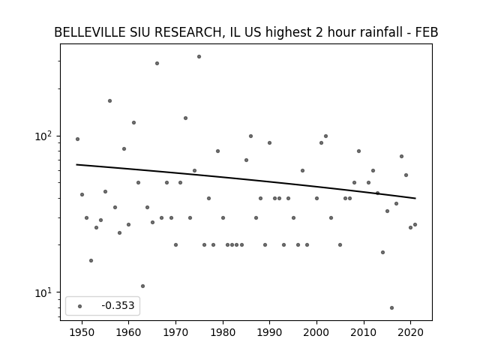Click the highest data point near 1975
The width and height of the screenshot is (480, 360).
coord(199,57)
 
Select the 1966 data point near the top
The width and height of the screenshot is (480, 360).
coord(157,63)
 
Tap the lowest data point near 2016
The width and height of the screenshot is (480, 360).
coord(391,308)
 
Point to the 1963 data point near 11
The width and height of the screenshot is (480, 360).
coord(142,286)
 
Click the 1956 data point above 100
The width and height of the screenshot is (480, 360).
coord(110,101)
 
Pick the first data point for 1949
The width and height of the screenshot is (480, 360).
coord(77,139)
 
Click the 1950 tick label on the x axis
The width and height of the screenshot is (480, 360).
coord(82,332)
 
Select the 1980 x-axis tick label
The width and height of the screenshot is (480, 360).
coord(223,332)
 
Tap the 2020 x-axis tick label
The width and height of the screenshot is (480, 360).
coord(410,332)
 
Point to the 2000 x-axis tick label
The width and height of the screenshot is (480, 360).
coord(316,332)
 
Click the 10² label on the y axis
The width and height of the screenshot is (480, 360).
coord(44,136)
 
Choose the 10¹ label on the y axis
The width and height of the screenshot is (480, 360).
coord(44,292)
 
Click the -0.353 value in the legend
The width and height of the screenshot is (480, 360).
coord(118,305)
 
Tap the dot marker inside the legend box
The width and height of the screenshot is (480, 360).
coord(80,307)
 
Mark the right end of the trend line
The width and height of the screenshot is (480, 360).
coord(415,198)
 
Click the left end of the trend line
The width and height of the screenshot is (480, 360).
coord(76,165)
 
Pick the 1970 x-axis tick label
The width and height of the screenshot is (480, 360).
coord(175,332)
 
